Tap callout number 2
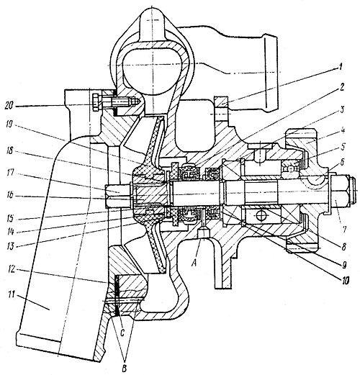pos(342,88)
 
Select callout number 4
pos(341,131)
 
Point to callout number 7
pos(344,229)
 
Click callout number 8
pos(343,247)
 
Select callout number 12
pos(12,271)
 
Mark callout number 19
pos(10,125)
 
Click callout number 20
pos(10,107)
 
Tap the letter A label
pos(195,264)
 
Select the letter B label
pos(124,369)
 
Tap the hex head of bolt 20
pos(95,102)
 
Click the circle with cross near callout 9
pos(260,215)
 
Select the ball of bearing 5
pos(291,168)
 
